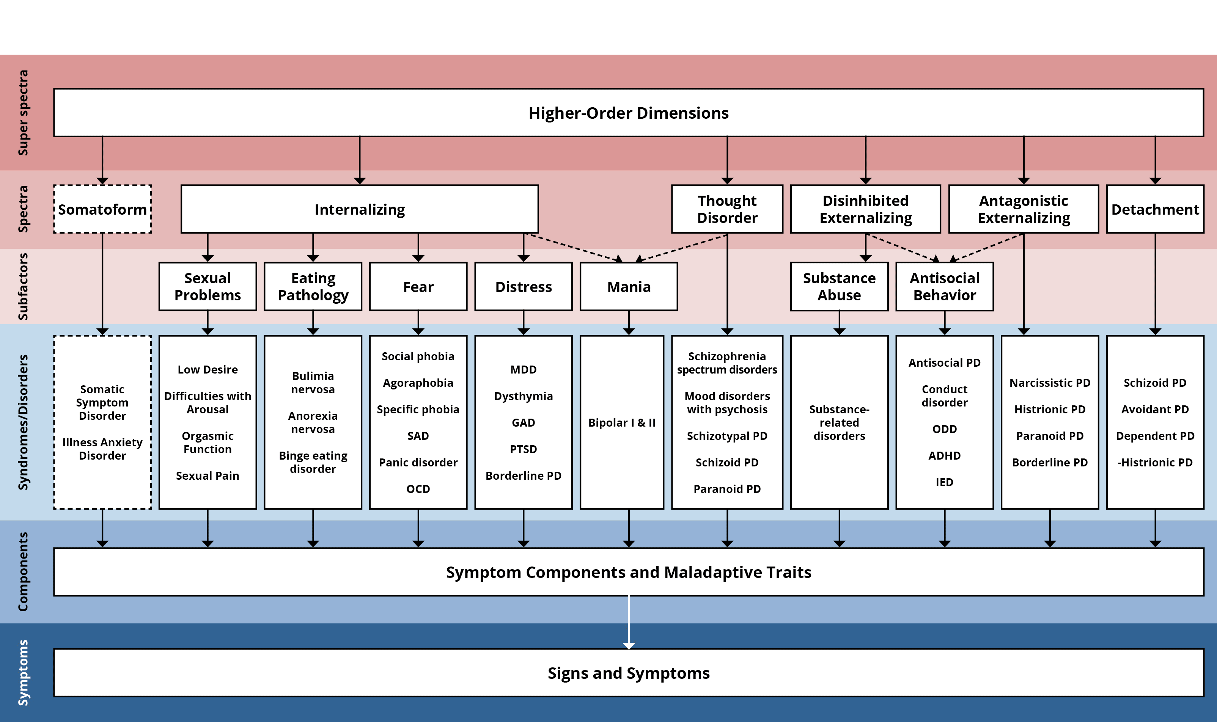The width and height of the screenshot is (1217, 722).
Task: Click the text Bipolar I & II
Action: click(x=622, y=423)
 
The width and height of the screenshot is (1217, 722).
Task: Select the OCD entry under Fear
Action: click(x=418, y=489)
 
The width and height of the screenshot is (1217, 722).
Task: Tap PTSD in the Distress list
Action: click(x=524, y=449)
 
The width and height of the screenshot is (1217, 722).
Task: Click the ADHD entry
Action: click(x=945, y=456)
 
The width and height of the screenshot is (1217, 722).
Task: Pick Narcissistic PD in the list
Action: click(x=1050, y=383)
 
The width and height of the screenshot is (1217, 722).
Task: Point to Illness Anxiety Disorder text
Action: click(x=102, y=449)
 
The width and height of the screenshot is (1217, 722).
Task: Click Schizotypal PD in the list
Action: click(x=727, y=436)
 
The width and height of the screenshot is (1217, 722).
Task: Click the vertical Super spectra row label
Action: click(x=23, y=113)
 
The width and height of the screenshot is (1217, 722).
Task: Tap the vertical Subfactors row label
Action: click(x=23, y=287)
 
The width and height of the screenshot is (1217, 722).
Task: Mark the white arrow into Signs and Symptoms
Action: click(x=629, y=622)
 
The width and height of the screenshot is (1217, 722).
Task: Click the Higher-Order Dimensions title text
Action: click(x=629, y=113)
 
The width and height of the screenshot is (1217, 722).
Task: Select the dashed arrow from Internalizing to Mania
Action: click(x=573, y=248)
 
